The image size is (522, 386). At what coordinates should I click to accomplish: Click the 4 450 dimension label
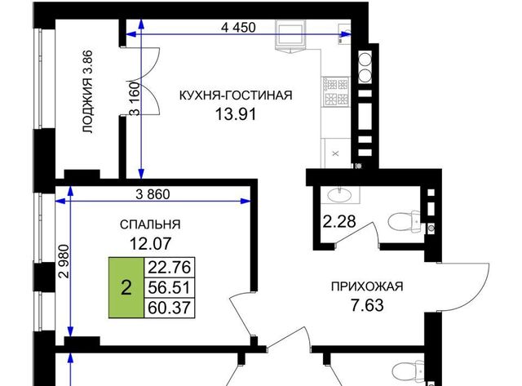tap(238, 27)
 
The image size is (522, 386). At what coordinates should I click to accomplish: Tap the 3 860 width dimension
tap(153, 194)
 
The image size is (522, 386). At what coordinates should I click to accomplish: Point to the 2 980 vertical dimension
tap(64, 261)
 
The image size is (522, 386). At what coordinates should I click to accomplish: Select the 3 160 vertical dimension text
tap(135, 99)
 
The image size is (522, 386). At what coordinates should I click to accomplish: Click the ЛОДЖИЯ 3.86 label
tap(88, 92)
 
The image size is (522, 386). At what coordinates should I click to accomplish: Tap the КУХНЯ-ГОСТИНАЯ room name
tap(236, 95)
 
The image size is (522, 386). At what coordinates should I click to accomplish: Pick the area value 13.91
tap(236, 114)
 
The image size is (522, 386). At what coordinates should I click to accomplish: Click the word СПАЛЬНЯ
tap(150, 224)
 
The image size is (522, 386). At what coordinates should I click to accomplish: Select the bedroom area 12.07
tap(150, 243)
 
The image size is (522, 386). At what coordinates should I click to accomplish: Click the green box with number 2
tap(126, 287)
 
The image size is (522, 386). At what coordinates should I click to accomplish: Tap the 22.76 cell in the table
tap(169, 267)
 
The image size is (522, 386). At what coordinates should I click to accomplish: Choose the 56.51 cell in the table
tap(169, 287)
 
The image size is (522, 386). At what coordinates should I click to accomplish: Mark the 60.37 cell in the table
tap(169, 308)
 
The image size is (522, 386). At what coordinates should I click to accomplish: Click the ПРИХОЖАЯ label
tap(367, 286)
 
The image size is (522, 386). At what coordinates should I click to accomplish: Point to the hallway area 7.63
tap(367, 305)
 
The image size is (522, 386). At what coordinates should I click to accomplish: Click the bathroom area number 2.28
tap(339, 221)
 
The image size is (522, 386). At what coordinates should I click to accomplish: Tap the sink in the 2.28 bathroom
tap(339, 194)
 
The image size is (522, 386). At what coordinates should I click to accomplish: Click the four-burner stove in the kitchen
tap(336, 92)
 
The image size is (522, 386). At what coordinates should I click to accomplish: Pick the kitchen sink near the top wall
tap(290, 35)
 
